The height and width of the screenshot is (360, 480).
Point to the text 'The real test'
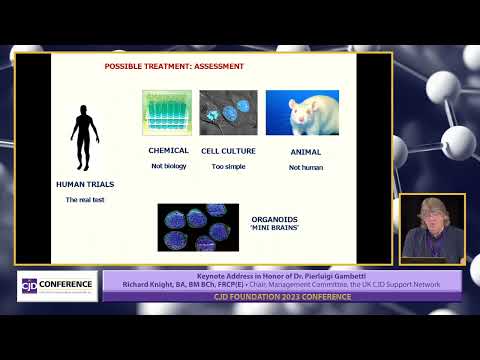pyautogui.click(x=84, y=200)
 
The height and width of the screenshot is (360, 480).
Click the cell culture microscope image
pyautogui.click(x=228, y=113)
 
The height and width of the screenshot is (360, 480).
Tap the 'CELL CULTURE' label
pyautogui.click(x=228, y=151)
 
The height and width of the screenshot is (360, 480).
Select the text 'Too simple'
pyautogui.click(x=228, y=166)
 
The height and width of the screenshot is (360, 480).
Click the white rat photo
pyautogui.click(x=301, y=113)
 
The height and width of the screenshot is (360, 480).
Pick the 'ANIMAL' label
pyautogui.click(x=305, y=152)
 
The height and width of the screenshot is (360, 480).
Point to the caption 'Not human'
pyautogui.click(x=305, y=167)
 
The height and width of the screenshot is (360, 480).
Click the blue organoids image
pyautogui.click(x=198, y=226)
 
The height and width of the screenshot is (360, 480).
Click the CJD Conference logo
pyautogui.click(x=57, y=284)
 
